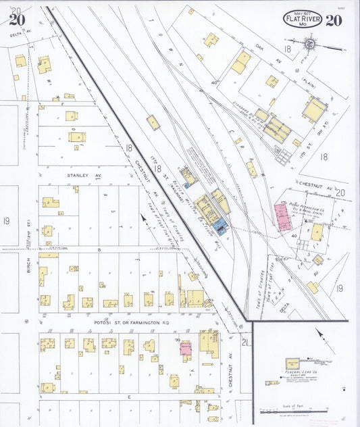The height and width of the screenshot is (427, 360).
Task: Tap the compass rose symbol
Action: [310, 45]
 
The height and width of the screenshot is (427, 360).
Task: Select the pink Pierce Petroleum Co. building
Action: [282, 216]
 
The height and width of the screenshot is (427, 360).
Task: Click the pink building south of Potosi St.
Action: [184, 347]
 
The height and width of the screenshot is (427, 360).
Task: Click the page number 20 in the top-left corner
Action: [17, 19]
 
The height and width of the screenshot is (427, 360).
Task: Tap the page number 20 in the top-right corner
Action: [333, 19]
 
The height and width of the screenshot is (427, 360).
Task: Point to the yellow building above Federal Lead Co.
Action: [292, 363]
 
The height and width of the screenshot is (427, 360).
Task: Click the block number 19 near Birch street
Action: [6, 221]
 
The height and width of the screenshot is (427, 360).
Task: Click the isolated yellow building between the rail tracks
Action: [153, 122]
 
